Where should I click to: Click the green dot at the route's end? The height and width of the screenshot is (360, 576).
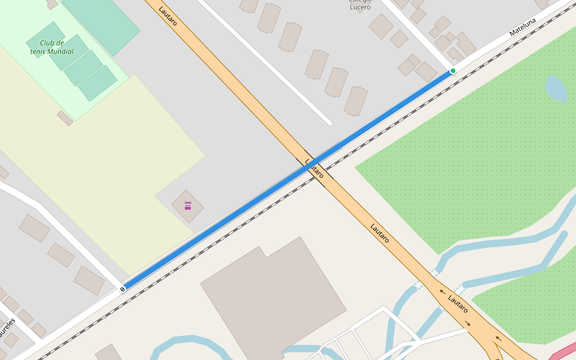click(453, 71)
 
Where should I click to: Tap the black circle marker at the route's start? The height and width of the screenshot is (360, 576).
click(123, 289)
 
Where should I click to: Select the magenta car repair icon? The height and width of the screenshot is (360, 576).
click(188, 206)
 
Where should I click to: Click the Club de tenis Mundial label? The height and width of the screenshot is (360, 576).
click(52, 47)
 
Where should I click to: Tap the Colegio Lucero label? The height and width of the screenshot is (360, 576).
click(360, 3)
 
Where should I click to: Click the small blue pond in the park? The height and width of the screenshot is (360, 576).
click(556, 89)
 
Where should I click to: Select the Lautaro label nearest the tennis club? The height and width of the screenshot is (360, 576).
click(168, 16)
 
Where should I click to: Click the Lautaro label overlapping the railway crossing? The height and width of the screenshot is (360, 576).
click(314, 169)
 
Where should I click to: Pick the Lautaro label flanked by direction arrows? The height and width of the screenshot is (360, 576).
click(458, 304)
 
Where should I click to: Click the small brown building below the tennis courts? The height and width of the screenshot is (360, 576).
click(65, 118)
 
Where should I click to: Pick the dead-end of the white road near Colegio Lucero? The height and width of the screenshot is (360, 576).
click(329, 123)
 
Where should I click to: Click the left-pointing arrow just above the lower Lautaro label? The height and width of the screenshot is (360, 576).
click(442, 292)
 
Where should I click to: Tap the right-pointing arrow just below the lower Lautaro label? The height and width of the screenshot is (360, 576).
click(467, 323)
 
